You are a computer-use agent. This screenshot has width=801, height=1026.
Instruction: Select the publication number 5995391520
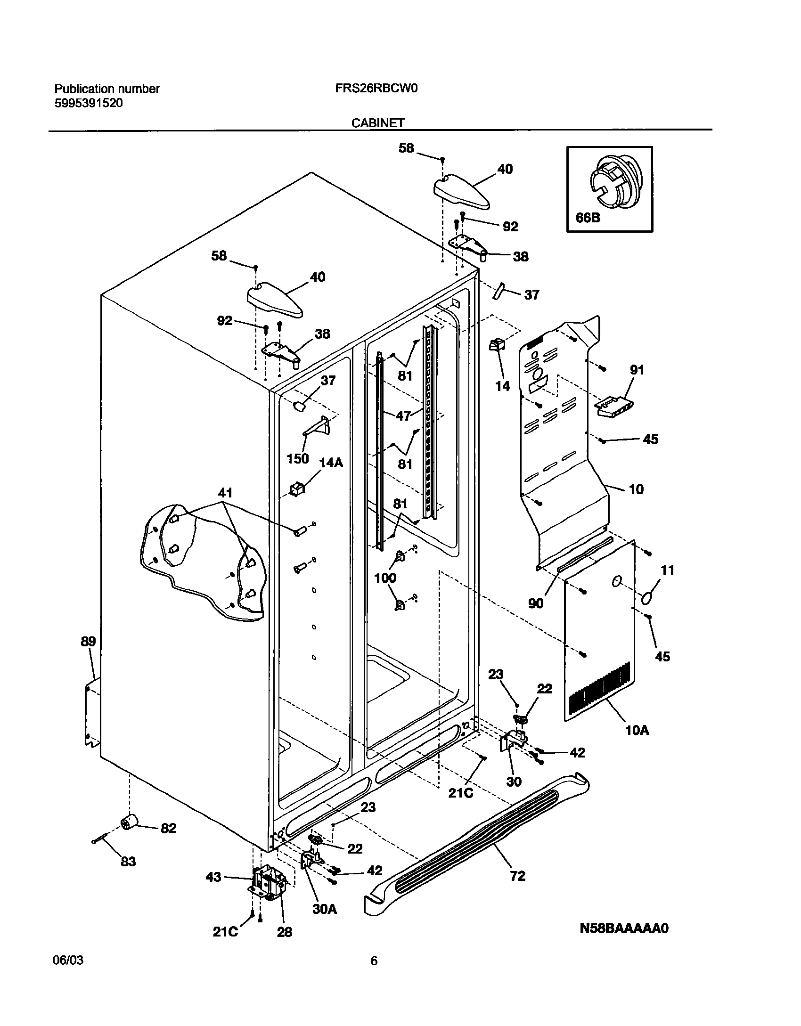pyautogui.click(x=89, y=103)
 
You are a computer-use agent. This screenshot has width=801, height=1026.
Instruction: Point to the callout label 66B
pyautogui.click(x=588, y=219)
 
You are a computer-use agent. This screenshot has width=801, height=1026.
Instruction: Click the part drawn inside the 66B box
pyautogui.click(x=614, y=183)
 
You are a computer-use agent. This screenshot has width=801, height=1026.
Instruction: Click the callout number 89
pyautogui.click(x=88, y=642)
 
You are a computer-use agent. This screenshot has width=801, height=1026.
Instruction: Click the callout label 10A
pyautogui.click(x=637, y=731)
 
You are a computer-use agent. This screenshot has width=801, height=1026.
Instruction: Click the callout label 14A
pyautogui.click(x=331, y=463)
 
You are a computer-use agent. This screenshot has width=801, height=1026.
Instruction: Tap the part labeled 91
pyautogui.click(x=614, y=406)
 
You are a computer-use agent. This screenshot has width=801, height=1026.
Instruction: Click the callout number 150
pyautogui.click(x=298, y=458)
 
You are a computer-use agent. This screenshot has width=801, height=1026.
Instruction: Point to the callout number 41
pyautogui.click(x=225, y=493)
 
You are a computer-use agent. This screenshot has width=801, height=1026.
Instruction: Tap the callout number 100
pyautogui.click(x=385, y=578)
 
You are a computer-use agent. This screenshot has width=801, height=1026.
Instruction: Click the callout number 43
pyautogui.click(x=213, y=877)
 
